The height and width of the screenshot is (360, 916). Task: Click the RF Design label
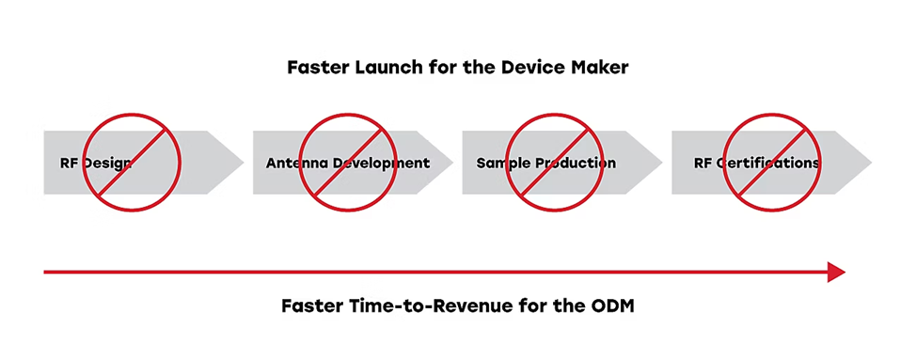[96, 163]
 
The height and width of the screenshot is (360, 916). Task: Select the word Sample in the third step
[498, 163]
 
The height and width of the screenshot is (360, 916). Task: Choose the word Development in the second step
[381, 163]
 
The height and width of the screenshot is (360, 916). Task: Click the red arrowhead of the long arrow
[836, 272]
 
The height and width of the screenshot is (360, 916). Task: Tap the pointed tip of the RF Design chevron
[244, 163]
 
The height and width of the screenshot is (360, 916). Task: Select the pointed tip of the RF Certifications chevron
[871, 163]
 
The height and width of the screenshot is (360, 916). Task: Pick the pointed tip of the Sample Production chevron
[662, 163]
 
